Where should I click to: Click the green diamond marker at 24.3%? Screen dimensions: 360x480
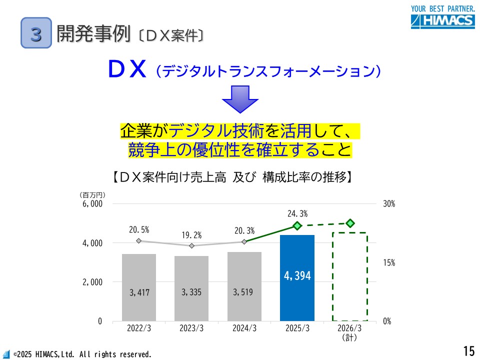[x=297, y=226]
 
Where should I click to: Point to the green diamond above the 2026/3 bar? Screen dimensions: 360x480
[x=350, y=223]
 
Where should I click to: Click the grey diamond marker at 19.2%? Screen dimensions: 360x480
[x=191, y=245]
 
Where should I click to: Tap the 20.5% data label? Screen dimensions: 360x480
[x=139, y=230]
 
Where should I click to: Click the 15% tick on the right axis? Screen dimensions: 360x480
[x=388, y=262]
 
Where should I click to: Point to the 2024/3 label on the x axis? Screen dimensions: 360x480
[x=244, y=328]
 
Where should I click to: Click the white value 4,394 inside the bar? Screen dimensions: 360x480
[x=297, y=275]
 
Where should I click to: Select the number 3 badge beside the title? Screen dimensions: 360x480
[x=36, y=33]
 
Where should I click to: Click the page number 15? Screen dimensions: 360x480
[x=468, y=351]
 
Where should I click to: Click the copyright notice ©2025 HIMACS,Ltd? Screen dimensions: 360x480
[x=82, y=354]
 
